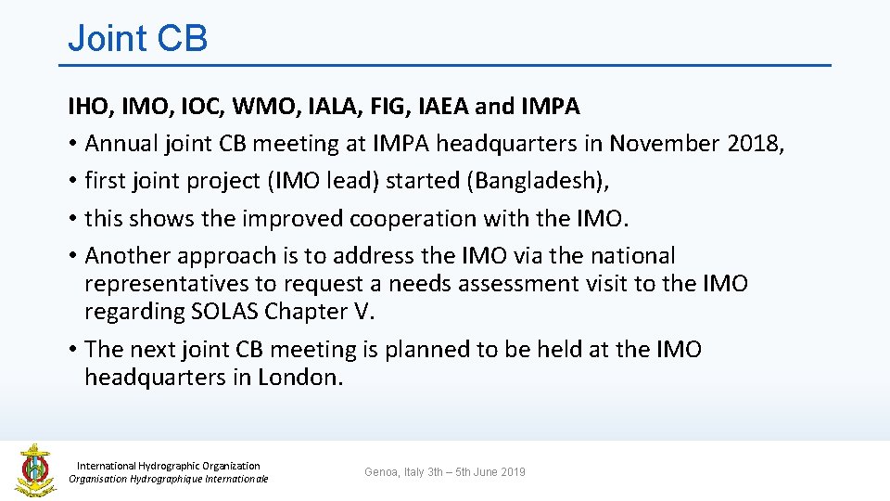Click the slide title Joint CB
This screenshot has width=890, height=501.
[137, 39]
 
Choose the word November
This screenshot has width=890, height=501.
[664, 144]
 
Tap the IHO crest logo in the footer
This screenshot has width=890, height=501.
[34, 469]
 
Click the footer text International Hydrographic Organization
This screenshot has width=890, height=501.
[168, 466]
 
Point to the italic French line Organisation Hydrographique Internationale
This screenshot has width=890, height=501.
[168, 479]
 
